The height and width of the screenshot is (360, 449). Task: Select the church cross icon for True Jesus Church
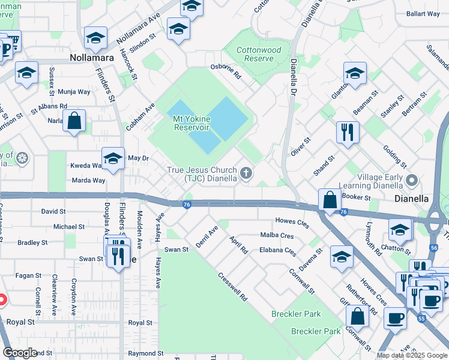245,174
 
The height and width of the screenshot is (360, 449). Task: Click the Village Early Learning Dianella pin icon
412,180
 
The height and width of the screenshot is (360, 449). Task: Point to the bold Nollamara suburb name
91,58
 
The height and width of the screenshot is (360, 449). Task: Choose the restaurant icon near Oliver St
348,131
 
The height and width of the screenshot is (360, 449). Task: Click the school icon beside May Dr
113,158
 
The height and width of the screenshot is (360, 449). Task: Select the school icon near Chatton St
400,229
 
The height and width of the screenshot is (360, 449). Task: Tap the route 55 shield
423,319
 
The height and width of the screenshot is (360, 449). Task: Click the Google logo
20,353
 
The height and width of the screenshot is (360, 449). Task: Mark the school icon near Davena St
342,256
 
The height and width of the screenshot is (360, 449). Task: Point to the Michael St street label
68,227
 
